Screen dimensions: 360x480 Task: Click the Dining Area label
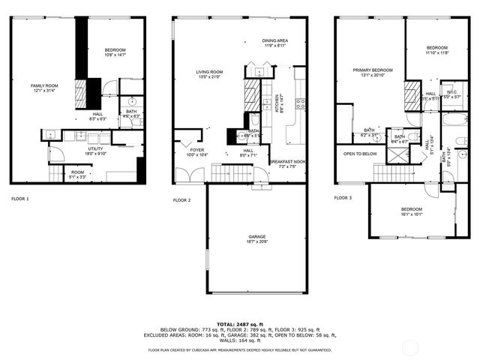[275, 43]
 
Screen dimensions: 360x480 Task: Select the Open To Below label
[360, 154]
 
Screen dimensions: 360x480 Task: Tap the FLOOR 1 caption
[20, 199]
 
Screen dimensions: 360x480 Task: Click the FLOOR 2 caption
[182, 200]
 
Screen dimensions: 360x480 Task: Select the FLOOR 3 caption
[342, 198]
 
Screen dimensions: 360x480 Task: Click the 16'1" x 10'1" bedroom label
[411, 211]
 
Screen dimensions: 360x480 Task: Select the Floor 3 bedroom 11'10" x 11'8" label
[436, 50]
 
